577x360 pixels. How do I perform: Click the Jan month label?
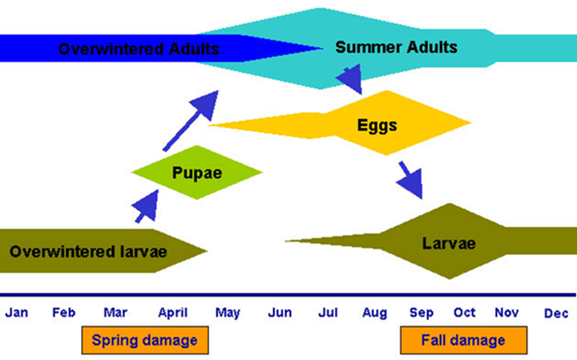pyautogui.click(x=17, y=313)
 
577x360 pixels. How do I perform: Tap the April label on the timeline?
pyautogui.click(x=172, y=313)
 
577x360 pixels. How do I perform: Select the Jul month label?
pyautogui.click(x=328, y=313)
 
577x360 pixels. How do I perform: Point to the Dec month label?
pyautogui.click(x=556, y=313)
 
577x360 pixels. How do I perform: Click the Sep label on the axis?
pyautogui.click(x=422, y=313)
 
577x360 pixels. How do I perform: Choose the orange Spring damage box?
pyautogui.click(x=145, y=340)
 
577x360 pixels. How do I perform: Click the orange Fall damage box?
pyautogui.click(x=464, y=340)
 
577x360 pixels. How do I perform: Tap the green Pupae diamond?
pyautogui.click(x=197, y=172)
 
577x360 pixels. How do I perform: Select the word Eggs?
pyautogui.click(x=377, y=126)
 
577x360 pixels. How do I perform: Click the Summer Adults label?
pyautogui.click(x=397, y=47)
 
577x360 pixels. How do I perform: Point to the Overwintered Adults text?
pyautogui.click(x=139, y=49)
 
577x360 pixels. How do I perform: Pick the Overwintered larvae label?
pyautogui.click(x=88, y=252)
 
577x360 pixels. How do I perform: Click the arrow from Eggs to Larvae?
pyautogui.click(x=411, y=180)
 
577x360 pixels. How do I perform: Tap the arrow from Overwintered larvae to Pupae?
pyautogui.click(x=147, y=207)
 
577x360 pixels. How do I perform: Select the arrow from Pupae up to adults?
pyautogui.click(x=191, y=121)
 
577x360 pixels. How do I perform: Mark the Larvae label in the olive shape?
pyautogui.click(x=449, y=244)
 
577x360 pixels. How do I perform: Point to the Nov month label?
pyautogui.click(x=506, y=313)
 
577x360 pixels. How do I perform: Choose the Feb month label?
pyautogui.click(x=63, y=313)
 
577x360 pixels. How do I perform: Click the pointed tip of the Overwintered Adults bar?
pyautogui.click(x=322, y=48)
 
